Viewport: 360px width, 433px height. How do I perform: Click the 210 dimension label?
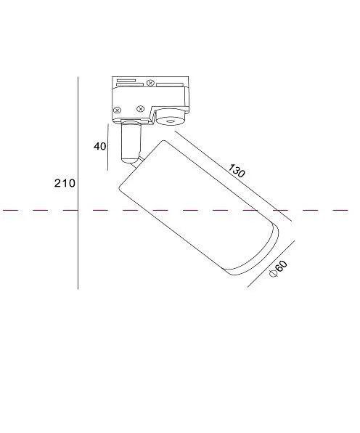[65, 183]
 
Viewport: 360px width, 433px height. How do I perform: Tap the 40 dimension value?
[100, 146]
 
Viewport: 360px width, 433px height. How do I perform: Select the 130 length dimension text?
[237, 171]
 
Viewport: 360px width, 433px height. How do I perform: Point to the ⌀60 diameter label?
[278, 269]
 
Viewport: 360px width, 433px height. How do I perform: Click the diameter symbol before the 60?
[274, 273]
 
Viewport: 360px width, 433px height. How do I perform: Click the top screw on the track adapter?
[150, 83]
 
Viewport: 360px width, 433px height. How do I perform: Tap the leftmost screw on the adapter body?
[118, 110]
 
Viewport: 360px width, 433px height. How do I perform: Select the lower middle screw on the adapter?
[141, 109]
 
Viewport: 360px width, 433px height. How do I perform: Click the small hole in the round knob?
[170, 121]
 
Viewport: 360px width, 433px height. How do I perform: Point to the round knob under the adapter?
[170, 117]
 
